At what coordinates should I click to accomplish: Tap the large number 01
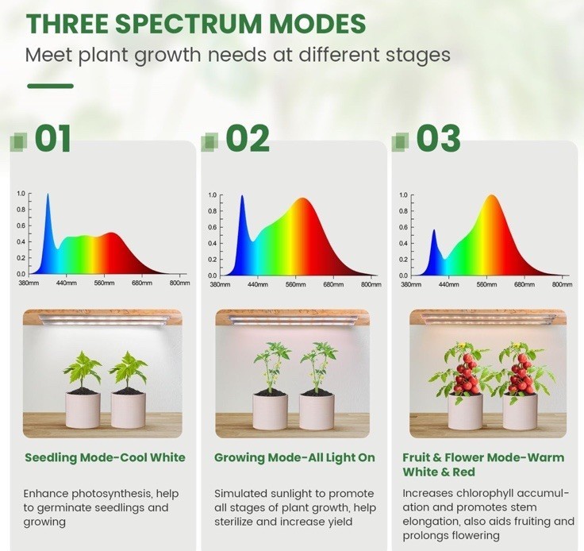coord(52,138)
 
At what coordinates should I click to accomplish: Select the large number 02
coord(248,138)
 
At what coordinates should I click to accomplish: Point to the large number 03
coord(438,138)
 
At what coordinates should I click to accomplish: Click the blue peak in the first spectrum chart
coord(48,195)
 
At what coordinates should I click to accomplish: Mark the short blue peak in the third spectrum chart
coord(434,231)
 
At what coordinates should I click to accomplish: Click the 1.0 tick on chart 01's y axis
coord(21,194)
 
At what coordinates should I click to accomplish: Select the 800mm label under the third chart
coord(562,284)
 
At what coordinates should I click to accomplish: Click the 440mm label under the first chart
coord(67,283)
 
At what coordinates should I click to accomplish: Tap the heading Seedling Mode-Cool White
coord(105,457)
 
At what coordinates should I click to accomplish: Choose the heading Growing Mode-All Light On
coord(294,457)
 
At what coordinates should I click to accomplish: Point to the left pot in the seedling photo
coord(83,409)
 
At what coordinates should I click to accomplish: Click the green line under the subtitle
coord(50,86)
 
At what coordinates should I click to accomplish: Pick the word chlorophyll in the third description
coord(485,493)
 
